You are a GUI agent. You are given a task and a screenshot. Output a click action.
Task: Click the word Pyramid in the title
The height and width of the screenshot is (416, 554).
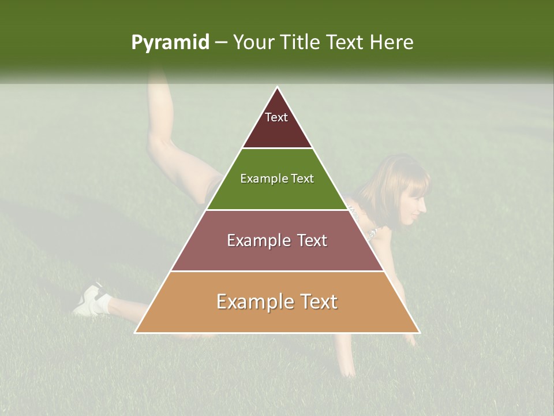170,43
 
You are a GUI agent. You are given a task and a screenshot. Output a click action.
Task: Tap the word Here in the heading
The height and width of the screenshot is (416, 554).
391,42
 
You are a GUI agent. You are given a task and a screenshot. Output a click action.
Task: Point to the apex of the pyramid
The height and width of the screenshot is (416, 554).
278,88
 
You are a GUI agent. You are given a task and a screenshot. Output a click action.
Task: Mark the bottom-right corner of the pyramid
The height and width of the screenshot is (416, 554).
419,332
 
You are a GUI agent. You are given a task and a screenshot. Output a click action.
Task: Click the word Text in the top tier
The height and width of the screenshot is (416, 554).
276,117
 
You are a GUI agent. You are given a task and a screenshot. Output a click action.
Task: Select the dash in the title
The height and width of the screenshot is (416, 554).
220,43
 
